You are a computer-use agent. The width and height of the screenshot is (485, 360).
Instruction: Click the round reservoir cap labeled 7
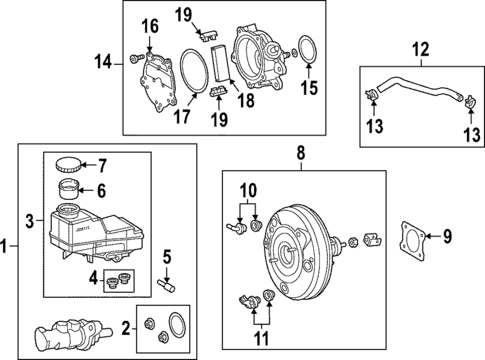tap(68, 165)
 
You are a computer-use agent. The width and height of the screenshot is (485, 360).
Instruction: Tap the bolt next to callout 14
tap(134, 62)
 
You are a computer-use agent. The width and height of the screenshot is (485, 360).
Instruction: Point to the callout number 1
tap(7, 245)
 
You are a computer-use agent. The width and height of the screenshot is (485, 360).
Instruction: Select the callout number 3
tap(30, 218)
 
